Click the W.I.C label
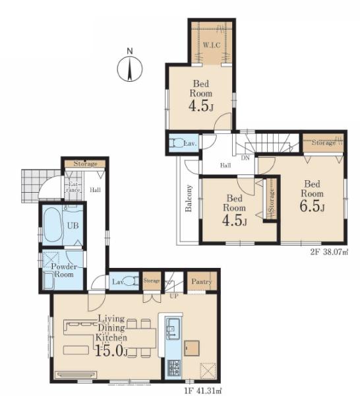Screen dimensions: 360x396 pos(212,46)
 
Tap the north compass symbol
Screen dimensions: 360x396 pos(130,69)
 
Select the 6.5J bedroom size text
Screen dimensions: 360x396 pos(312,206)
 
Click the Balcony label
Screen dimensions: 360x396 pos(189,198)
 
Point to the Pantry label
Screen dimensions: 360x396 pos(202,281)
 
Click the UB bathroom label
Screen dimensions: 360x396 pos(73,226)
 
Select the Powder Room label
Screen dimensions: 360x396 pos(64,270)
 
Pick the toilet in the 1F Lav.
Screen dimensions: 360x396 pos(131,281)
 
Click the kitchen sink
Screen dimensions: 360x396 pos(173,328)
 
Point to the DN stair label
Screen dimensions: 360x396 pos(245,158)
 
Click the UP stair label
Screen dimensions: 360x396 pos(174,296)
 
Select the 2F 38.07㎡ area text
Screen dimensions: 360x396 pos(329,252)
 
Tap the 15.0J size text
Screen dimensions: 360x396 pos(111,350)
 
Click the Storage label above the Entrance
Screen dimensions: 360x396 pos(85,164)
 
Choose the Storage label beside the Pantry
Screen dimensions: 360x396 pos(152,280)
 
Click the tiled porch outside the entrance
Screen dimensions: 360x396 pos(40,185)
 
